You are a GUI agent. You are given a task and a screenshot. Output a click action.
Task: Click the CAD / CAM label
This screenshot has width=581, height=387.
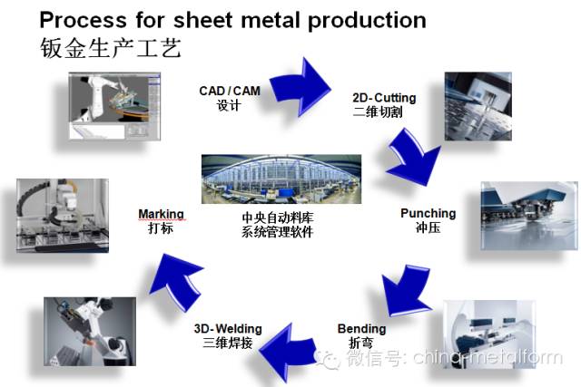(229, 91)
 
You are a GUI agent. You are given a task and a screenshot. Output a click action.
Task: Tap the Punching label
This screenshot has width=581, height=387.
(428, 214)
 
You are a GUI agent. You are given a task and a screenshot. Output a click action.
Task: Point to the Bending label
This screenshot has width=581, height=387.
(361, 329)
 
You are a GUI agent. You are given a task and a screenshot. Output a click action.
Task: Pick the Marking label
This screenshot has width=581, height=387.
(161, 215)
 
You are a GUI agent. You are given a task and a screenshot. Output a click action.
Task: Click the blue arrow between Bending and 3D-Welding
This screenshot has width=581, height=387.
(289, 343)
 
